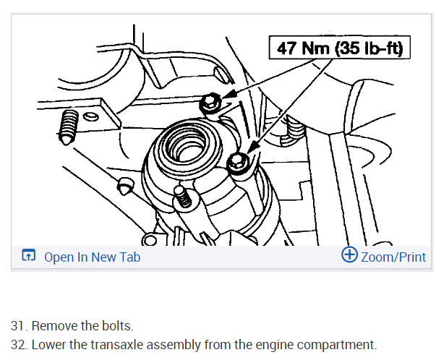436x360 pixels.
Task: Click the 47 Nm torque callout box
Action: [339, 48]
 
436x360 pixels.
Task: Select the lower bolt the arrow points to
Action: [239, 164]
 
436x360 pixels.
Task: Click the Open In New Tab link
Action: [92, 257]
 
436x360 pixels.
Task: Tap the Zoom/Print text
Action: [393, 257]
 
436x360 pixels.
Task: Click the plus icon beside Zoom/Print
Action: [349, 255]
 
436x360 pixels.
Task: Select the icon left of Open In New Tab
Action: [29, 256]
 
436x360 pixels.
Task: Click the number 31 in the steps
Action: [18, 325]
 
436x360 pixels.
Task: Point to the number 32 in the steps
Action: [18, 344]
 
